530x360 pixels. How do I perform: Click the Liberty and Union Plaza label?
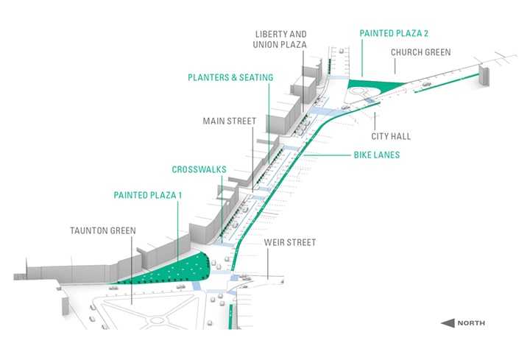280,40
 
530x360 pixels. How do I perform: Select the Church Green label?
420,53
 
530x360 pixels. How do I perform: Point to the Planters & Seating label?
230,77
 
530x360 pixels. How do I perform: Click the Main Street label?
229,121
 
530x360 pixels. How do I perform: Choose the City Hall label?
391,136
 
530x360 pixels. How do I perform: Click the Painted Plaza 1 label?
147,195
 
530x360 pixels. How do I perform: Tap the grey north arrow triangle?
447,322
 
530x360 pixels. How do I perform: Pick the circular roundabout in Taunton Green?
156,322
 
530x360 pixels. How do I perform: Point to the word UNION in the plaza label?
264,46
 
